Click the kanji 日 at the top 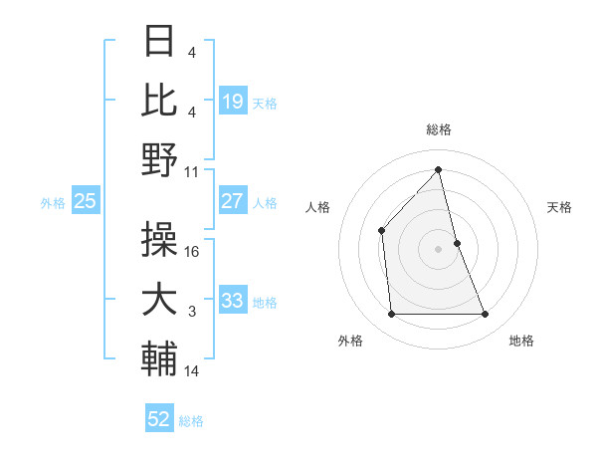(x=160, y=42)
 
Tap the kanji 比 (x=160, y=100)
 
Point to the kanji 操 (x=160, y=238)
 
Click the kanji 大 (x=160, y=300)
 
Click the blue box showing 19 (x=233, y=101)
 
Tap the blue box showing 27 (x=233, y=201)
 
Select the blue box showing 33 (x=233, y=301)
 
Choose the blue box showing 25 (x=85, y=201)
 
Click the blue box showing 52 (x=159, y=419)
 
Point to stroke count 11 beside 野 (x=192, y=171)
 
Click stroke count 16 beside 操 (x=192, y=252)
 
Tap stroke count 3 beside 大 (x=192, y=313)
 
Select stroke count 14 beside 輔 (x=192, y=371)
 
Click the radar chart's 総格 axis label (x=438, y=129)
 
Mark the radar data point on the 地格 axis (x=486, y=315)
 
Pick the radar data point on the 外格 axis (x=391, y=315)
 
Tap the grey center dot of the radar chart (x=438, y=248)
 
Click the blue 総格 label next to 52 (x=191, y=421)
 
